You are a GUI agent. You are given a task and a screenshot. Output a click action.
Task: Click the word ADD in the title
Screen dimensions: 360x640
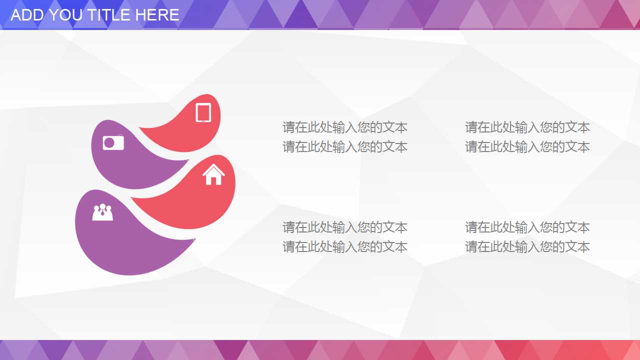27,15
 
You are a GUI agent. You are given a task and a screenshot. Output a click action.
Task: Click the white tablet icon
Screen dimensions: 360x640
203,112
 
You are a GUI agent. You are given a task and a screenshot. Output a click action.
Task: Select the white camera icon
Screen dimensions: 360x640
113,142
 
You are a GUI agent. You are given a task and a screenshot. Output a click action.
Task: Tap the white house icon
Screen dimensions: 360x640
213,175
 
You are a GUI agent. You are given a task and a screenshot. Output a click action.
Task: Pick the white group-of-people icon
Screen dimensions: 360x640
102,212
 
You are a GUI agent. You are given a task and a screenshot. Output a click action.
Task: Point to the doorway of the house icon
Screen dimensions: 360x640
213,179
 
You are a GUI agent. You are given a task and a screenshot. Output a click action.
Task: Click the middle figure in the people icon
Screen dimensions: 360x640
102,211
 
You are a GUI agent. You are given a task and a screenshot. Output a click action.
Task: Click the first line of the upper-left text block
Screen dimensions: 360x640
345,127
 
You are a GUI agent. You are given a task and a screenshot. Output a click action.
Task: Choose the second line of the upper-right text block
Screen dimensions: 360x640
527,147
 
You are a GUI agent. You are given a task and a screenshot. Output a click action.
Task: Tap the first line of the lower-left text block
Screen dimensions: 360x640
345,227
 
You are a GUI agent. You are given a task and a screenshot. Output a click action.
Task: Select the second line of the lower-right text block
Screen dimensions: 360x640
527,247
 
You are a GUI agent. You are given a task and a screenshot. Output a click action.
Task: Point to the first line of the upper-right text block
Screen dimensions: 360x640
527,127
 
